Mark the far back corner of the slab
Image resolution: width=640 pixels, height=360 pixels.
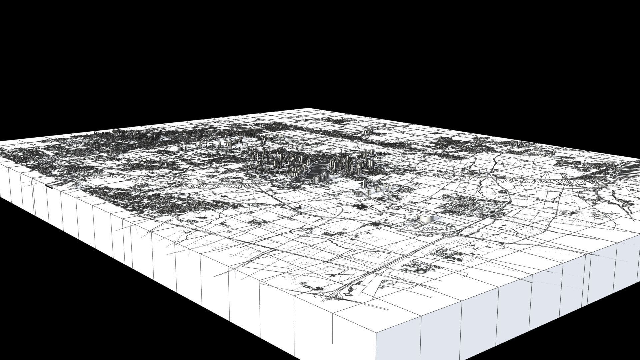coord(308,108)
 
